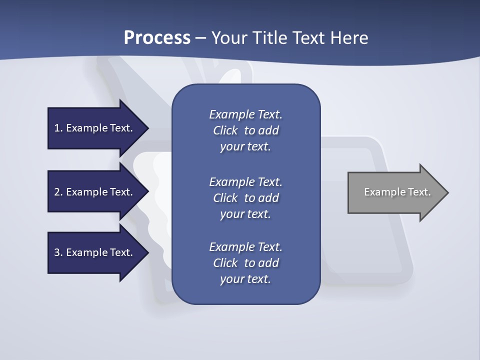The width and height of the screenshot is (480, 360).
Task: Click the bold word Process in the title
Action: pos(157,38)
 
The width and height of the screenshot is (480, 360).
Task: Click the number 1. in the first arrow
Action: pos(58,128)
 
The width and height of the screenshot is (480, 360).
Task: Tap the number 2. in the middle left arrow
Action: pos(58,192)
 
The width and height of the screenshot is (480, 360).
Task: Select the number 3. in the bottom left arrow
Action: pos(58,252)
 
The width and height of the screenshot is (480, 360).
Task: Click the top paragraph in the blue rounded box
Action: pos(245,130)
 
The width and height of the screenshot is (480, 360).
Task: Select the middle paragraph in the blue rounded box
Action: pos(245,198)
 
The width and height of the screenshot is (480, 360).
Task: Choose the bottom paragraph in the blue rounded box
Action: pos(245,263)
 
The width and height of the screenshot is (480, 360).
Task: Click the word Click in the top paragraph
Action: pos(225,130)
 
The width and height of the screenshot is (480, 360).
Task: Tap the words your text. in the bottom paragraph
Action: pos(245,279)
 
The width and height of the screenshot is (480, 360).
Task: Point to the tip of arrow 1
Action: pos(148,128)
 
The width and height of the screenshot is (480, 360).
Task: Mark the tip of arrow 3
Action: pos(148,252)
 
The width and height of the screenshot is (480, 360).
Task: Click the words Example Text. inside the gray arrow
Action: pos(397,192)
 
